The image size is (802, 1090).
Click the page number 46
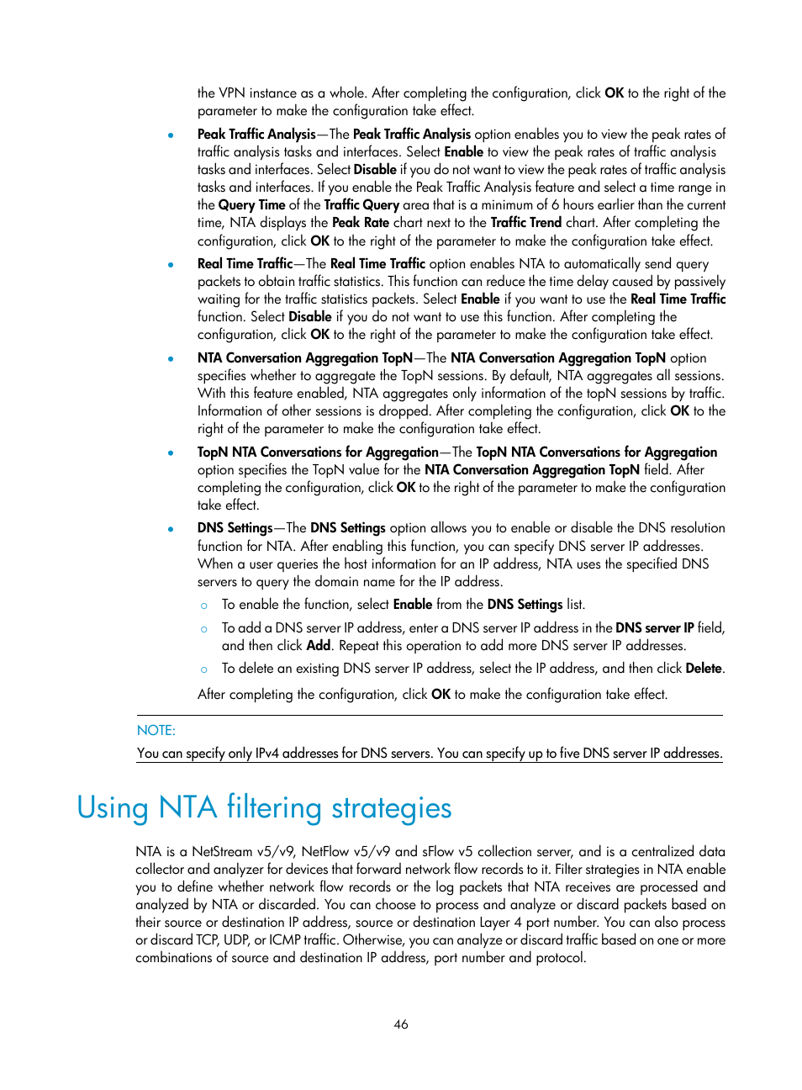tap(401, 1024)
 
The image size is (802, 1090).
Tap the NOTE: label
tap(156, 731)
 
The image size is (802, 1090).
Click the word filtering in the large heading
tap(274, 807)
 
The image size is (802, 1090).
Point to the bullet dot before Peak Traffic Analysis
tap(171, 135)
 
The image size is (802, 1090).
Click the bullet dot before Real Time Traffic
tap(171, 265)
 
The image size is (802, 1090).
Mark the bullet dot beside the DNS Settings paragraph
tap(171, 529)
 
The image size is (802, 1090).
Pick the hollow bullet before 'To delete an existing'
tap(204, 669)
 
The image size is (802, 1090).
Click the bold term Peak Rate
tap(361, 223)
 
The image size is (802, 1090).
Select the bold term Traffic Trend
tap(526, 223)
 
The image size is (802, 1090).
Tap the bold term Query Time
tap(252, 205)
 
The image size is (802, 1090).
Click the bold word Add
tap(319, 646)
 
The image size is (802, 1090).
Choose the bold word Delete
tap(704, 669)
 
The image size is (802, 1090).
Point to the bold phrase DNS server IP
tap(655, 628)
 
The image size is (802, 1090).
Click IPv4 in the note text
tap(267, 754)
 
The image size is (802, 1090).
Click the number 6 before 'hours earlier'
tap(555, 205)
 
